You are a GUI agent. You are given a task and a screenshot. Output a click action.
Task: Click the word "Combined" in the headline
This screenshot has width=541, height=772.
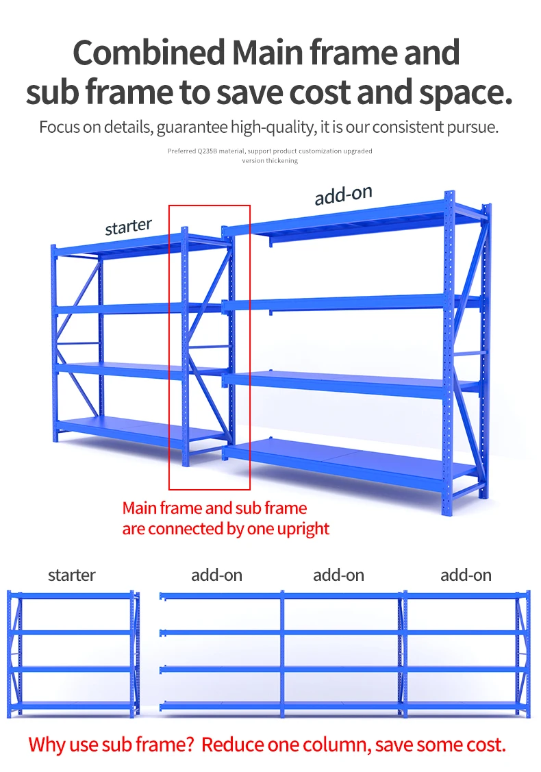tap(149, 53)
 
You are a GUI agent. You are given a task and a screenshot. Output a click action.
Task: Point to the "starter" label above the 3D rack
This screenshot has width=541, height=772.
tap(128, 227)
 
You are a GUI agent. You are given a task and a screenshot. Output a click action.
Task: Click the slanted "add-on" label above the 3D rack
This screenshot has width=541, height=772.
tap(343, 195)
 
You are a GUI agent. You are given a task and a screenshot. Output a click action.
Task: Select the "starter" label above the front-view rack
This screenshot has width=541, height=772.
tap(71, 575)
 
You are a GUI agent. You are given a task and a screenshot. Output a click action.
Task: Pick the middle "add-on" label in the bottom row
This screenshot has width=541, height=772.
tap(338, 575)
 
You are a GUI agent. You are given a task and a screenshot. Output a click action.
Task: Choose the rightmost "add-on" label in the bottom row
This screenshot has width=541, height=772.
tap(466, 575)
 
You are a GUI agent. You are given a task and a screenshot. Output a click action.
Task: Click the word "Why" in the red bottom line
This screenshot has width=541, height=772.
tap(49, 745)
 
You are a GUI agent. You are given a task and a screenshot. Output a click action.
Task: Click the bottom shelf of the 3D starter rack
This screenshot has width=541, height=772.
tap(137, 429)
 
